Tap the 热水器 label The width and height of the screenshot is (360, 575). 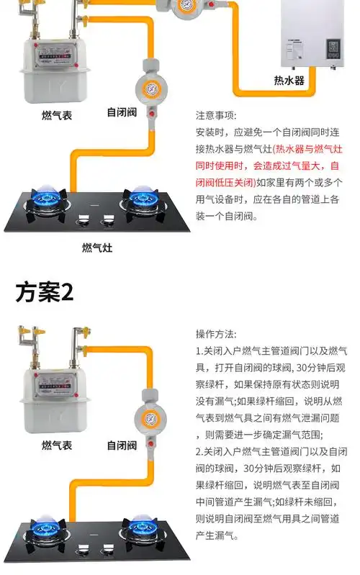coord(289,79)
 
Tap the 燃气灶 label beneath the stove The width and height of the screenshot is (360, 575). coord(97,248)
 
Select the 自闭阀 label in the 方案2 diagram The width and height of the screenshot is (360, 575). coord(122,445)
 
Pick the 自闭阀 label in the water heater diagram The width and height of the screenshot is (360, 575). coord(122,113)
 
